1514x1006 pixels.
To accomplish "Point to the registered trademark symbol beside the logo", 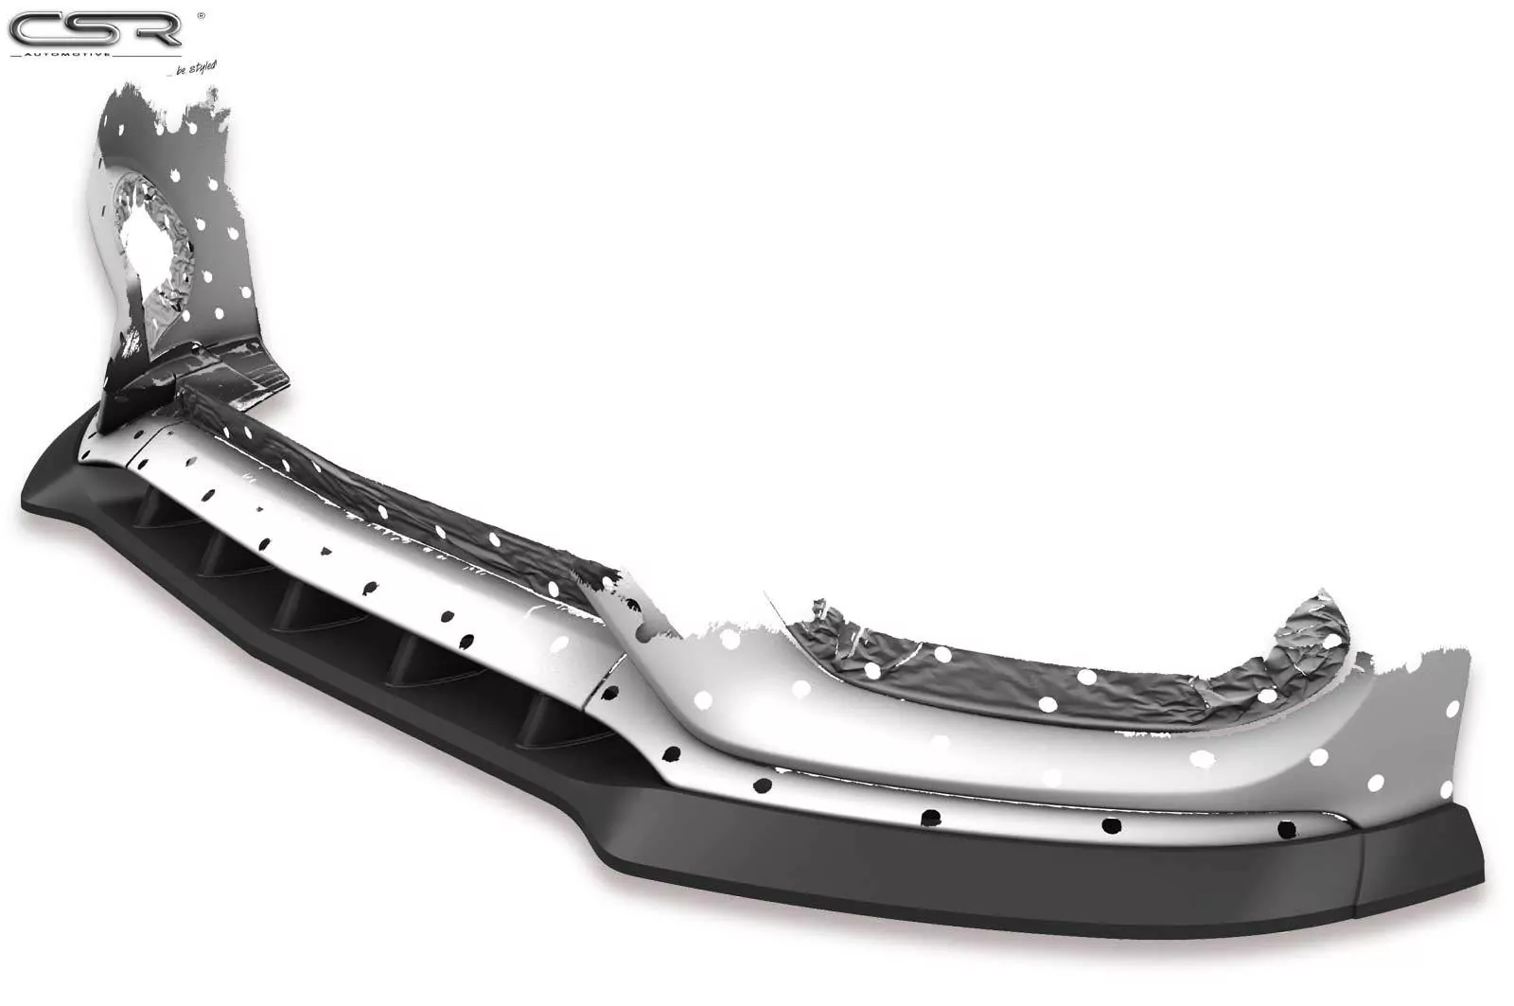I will click(199, 15).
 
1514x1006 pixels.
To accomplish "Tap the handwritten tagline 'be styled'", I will click(195, 67).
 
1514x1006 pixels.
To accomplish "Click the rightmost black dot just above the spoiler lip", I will click(1286, 830).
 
